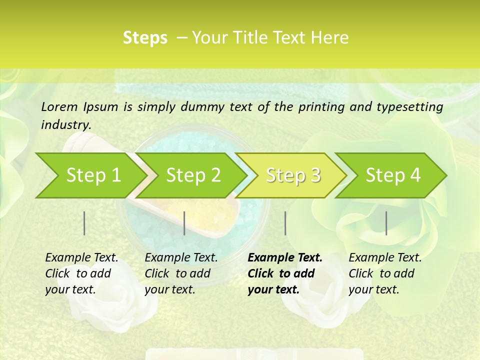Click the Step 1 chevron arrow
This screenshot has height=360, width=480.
(90, 175)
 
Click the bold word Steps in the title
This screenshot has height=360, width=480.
(145, 38)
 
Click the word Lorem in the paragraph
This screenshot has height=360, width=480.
(59, 107)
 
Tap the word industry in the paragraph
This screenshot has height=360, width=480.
(65, 125)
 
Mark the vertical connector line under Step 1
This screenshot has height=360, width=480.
(84, 223)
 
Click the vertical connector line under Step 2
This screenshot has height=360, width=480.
(184, 223)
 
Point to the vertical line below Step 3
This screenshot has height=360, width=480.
(285, 223)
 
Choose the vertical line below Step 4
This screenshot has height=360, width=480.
(386, 223)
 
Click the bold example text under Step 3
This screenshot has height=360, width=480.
(284, 273)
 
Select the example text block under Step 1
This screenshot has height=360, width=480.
(81, 273)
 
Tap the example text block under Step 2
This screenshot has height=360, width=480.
(180, 273)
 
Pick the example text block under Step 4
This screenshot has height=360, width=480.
(384, 273)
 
